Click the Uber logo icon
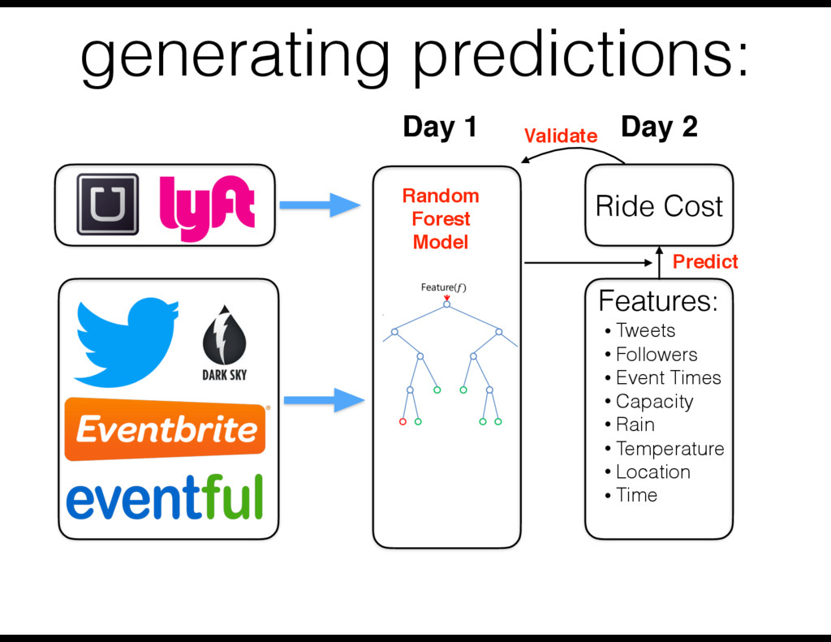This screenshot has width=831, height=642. pyautogui.click(x=107, y=205)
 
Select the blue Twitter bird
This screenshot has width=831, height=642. pyautogui.click(x=127, y=341)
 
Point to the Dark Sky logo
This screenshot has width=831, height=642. pyautogui.click(x=224, y=345)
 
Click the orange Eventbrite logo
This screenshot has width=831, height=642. pyautogui.click(x=166, y=429)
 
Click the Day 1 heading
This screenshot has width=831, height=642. pyautogui.click(x=439, y=127)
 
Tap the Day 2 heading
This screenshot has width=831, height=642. pyautogui.click(x=658, y=127)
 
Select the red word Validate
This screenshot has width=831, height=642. pyautogui.click(x=561, y=136)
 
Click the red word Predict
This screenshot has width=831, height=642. pyautogui.click(x=705, y=261)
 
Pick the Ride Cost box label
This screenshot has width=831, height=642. pyautogui.click(x=659, y=206)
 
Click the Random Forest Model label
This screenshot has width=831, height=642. pyautogui.click(x=441, y=219)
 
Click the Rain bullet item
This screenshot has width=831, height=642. pyautogui.click(x=635, y=424)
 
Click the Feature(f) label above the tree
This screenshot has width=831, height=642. pyautogui.click(x=443, y=287)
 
